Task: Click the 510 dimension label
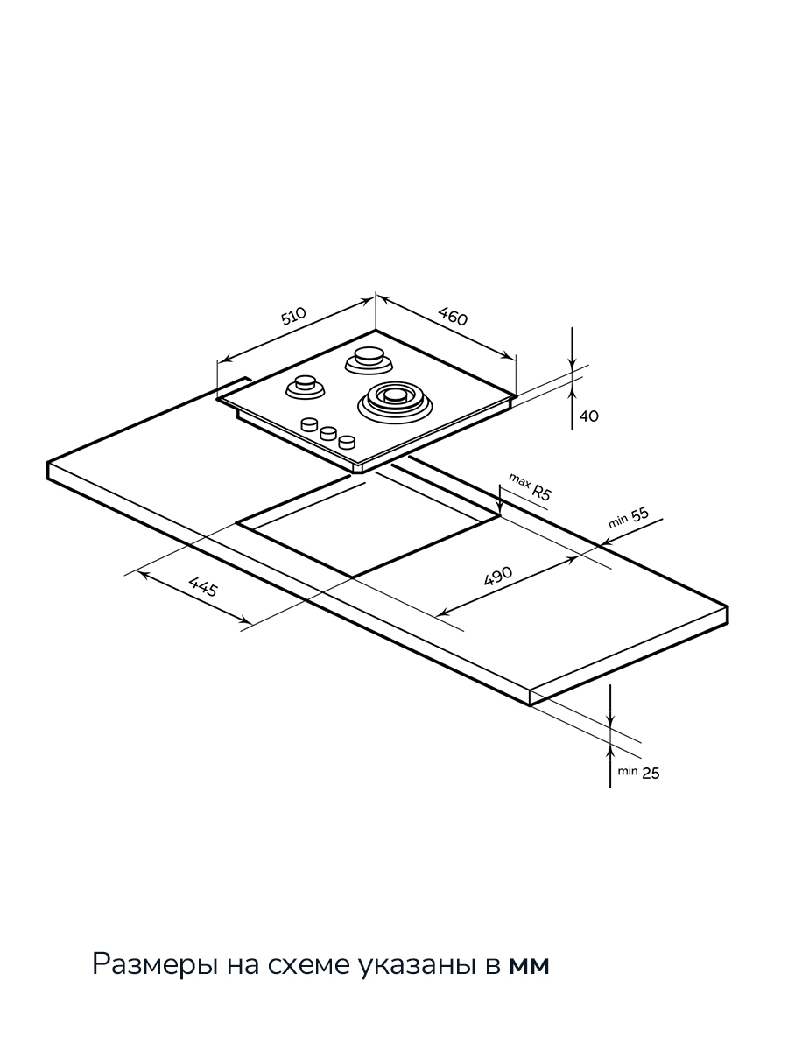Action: [x=292, y=316]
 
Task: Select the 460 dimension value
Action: [x=453, y=316]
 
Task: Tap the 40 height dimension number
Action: [x=589, y=416]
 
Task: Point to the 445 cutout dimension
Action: [x=203, y=587]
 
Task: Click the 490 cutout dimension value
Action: [x=498, y=576]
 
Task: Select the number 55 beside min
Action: [x=640, y=514]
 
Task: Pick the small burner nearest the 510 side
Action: [x=306, y=387]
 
